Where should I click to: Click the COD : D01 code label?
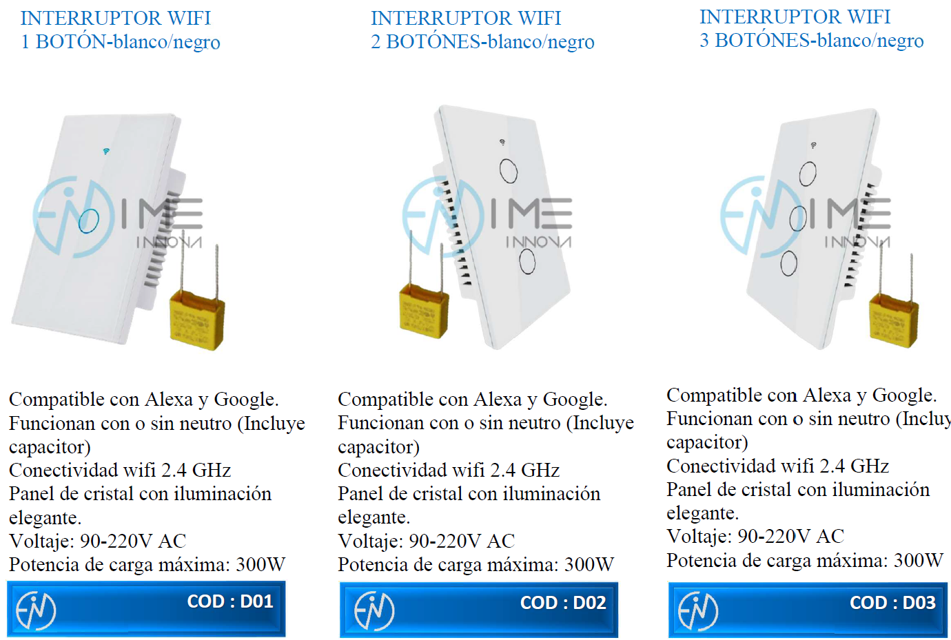pos(230,601)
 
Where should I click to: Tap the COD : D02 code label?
pos(563,603)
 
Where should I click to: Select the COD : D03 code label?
pos(892,603)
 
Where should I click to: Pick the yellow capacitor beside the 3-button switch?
pos(894,320)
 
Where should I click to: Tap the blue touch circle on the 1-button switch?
pos(88,221)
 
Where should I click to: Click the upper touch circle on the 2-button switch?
pos(509,171)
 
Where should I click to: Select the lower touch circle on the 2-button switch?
pos(527,261)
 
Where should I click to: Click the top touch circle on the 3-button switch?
pos(808,173)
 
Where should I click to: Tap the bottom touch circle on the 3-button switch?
pos(788,262)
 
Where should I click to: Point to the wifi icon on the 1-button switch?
pos(106,151)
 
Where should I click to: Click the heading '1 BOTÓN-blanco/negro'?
pos(121,42)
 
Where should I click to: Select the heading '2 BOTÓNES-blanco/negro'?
pos(482,42)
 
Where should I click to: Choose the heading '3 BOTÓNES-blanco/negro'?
pos(811,41)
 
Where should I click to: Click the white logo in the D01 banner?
pos(36,610)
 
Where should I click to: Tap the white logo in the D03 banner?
pos(698,611)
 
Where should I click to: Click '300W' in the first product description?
pos(260,565)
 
